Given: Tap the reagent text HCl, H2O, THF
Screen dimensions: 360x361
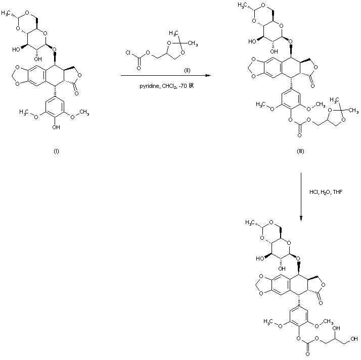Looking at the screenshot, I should pyautogui.click(x=326, y=192).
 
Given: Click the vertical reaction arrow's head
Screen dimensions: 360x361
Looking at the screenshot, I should pyautogui.click(x=301, y=218).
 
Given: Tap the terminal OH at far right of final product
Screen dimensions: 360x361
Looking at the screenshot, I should pyautogui.click(x=353, y=338).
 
